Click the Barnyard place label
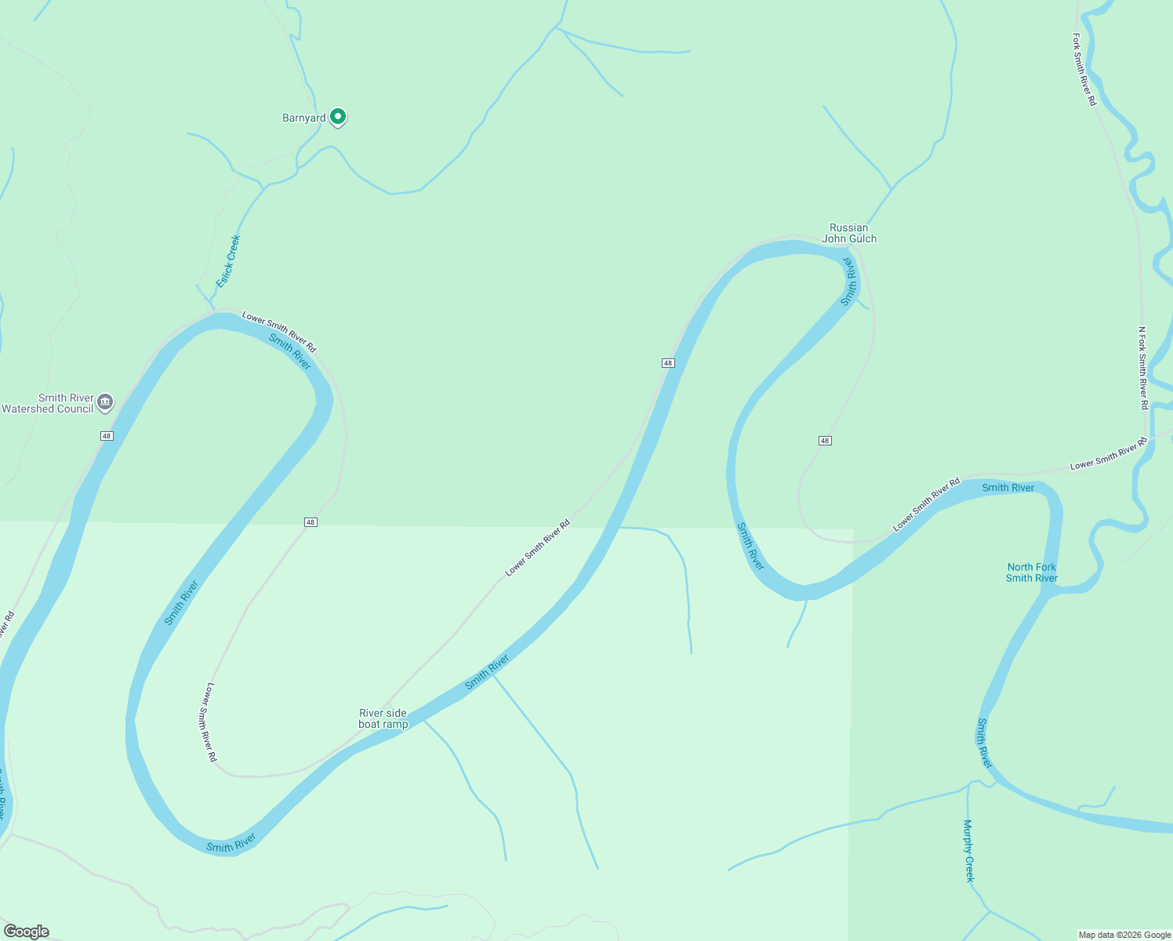pyautogui.click(x=303, y=118)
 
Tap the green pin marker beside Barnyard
pyautogui.click(x=338, y=117)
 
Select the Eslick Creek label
pyautogui.click(x=228, y=261)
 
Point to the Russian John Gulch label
pyautogui.click(x=849, y=234)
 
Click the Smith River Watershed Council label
pyautogui.click(x=48, y=403)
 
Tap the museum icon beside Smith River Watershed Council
pyautogui.click(x=105, y=402)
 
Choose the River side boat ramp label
pyautogui.click(x=383, y=718)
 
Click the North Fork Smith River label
pyautogui.click(x=1032, y=572)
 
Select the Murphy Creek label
pyautogui.click(x=969, y=851)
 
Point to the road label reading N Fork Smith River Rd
pyautogui.click(x=1143, y=368)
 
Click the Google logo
pyautogui.click(x=26, y=932)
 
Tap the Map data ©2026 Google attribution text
pyautogui.click(x=1124, y=935)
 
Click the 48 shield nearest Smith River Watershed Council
pyautogui.click(x=107, y=436)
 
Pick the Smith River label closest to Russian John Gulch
pyautogui.click(x=850, y=281)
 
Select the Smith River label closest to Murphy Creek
pyautogui.click(x=984, y=743)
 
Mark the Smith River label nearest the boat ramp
pyautogui.click(x=487, y=672)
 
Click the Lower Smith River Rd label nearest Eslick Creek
pyautogui.click(x=279, y=332)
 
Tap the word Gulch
pyautogui.click(x=861, y=239)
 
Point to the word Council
pyautogui.click(x=73, y=409)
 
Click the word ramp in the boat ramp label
pyautogui.click(x=394, y=725)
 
